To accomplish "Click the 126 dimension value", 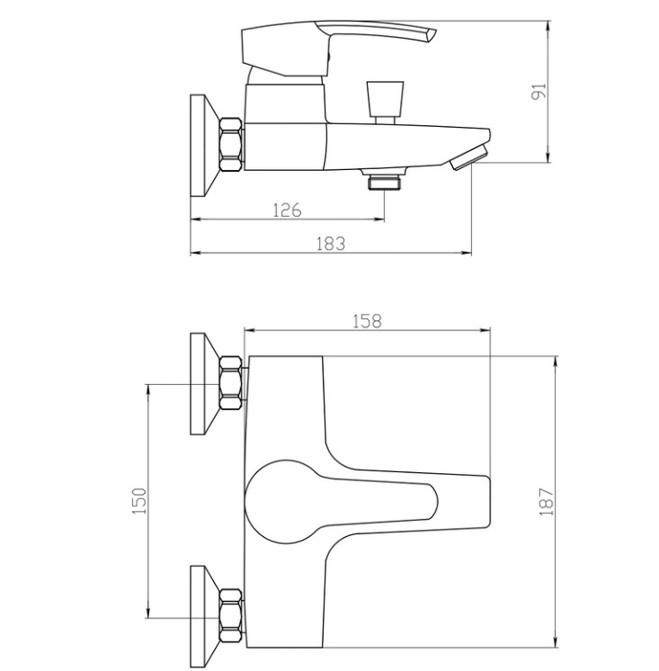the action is click(x=287, y=210).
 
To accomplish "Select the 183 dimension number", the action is click(x=330, y=244).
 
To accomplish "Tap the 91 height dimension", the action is click(x=539, y=92).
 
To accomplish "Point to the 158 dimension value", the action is click(x=367, y=321).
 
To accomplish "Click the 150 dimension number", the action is click(x=139, y=501).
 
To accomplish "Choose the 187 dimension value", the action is click(x=547, y=501).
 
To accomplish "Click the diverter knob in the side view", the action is click(x=385, y=102).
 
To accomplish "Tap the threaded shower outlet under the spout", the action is click(x=384, y=179).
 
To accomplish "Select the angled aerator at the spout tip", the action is click(x=470, y=157).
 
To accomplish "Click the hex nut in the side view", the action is click(x=231, y=145).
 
